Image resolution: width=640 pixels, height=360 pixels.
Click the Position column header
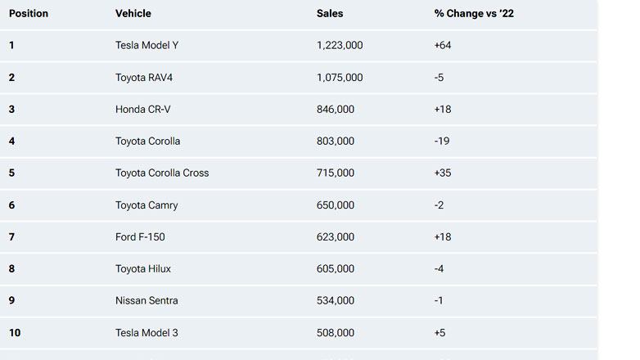tap(29, 14)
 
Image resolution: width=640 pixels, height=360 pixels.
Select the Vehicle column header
tap(133, 14)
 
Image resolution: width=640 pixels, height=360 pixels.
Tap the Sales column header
tap(330, 14)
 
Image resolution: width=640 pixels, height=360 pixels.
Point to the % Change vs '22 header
tap(474, 14)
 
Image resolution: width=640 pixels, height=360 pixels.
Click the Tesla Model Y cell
tap(146, 46)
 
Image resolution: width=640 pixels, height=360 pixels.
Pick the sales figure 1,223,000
tap(339, 46)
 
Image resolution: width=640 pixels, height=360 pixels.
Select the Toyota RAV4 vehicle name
tap(146, 78)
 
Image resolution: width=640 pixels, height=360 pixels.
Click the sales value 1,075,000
tap(339, 78)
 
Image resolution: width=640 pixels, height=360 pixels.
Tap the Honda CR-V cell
tap(143, 110)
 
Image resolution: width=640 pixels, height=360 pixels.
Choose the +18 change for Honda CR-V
tap(443, 110)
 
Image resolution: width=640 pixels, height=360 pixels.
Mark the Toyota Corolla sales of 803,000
tap(336, 142)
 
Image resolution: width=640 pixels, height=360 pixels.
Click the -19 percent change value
tap(442, 142)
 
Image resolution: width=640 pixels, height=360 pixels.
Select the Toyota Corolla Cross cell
tap(162, 173)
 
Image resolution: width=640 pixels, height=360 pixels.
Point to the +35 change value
tap(443, 173)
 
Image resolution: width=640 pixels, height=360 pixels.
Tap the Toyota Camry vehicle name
tap(146, 205)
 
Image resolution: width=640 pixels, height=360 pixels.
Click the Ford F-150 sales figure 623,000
tap(336, 237)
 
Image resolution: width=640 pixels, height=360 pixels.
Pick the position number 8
tap(12, 269)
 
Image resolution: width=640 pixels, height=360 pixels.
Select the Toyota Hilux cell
tap(143, 269)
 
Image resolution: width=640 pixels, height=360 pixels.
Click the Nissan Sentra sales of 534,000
tap(336, 301)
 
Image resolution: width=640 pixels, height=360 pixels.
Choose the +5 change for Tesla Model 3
tap(440, 333)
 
